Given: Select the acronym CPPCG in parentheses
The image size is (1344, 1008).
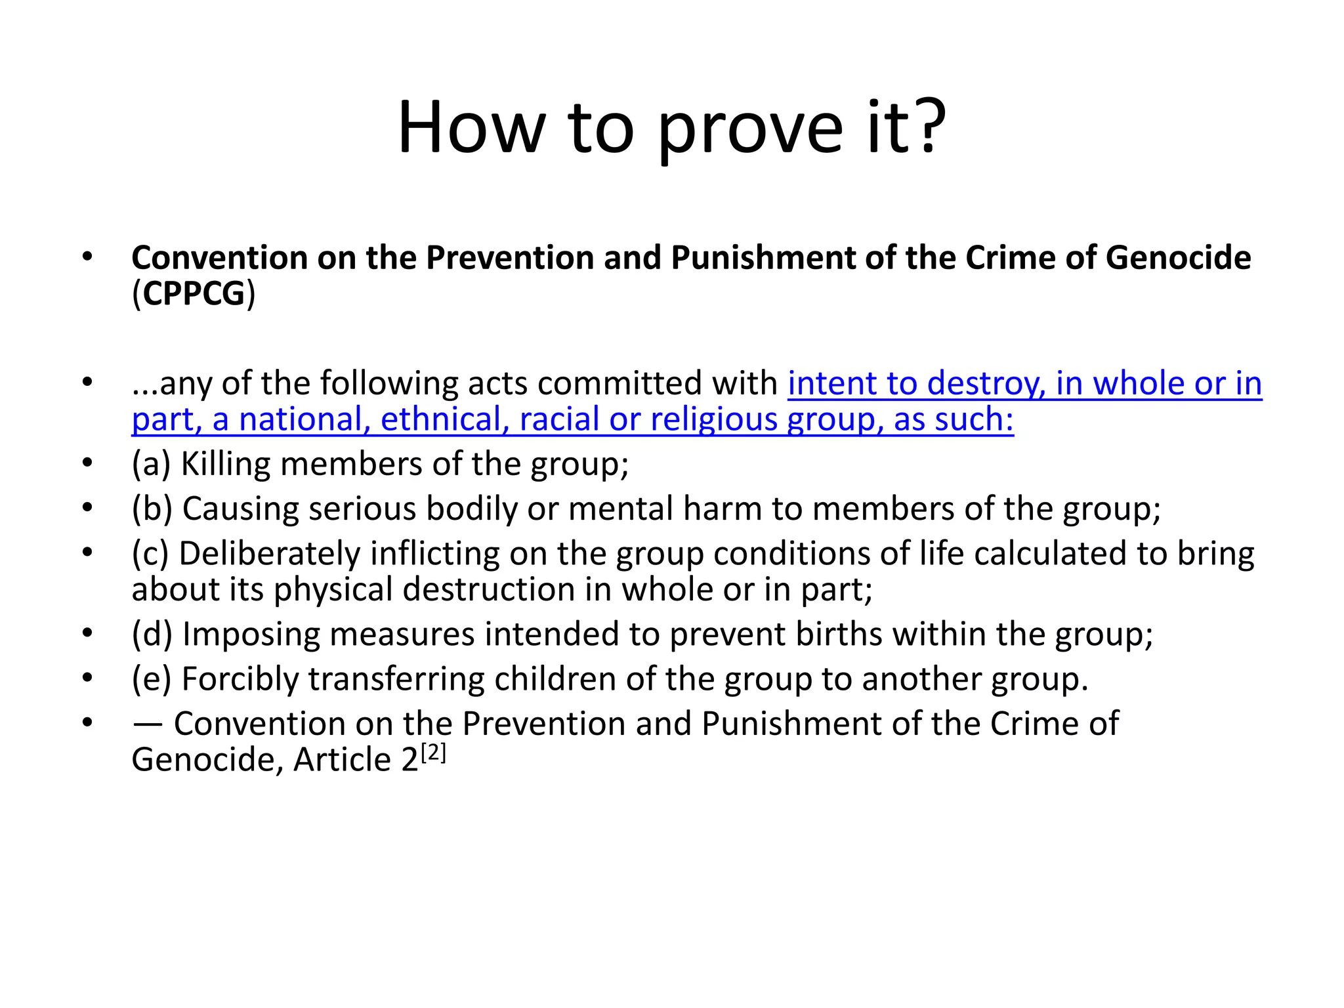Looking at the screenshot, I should [x=194, y=293].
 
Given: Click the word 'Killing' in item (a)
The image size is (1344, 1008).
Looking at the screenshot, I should [x=225, y=464].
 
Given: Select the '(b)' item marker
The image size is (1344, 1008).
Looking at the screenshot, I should [x=152, y=509].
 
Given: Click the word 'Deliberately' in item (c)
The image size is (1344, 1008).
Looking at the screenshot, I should [x=269, y=554].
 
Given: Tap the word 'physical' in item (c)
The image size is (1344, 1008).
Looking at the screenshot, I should [x=333, y=590].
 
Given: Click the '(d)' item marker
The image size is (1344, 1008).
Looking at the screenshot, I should [x=152, y=635].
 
